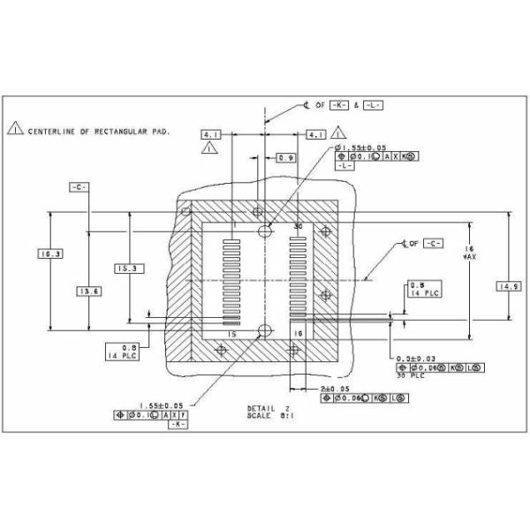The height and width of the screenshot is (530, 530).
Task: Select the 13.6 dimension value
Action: point(87,291)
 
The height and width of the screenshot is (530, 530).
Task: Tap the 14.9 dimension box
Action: point(510,286)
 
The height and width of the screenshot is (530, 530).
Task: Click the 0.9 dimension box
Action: point(286,157)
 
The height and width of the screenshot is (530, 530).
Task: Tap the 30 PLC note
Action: point(412,375)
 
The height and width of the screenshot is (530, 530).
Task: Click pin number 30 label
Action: point(298,226)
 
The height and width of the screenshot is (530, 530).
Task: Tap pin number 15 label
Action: point(232,334)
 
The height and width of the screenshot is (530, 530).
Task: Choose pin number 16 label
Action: point(298,334)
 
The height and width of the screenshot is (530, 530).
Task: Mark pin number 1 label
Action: point(235,226)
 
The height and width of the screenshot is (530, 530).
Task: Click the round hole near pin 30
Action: point(266,231)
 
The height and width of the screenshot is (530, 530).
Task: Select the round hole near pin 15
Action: point(265,330)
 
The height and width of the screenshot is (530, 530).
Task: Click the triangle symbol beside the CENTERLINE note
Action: point(15,130)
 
